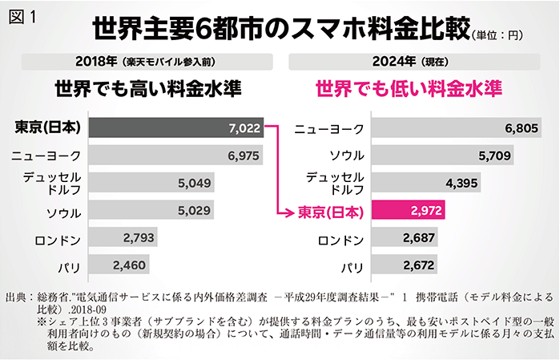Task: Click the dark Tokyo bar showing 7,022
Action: [x=176, y=127]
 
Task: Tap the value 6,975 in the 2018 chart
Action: [x=243, y=156]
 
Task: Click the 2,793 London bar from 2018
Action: [x=123, y=239]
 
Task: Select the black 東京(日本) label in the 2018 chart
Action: [x=49, y=128]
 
